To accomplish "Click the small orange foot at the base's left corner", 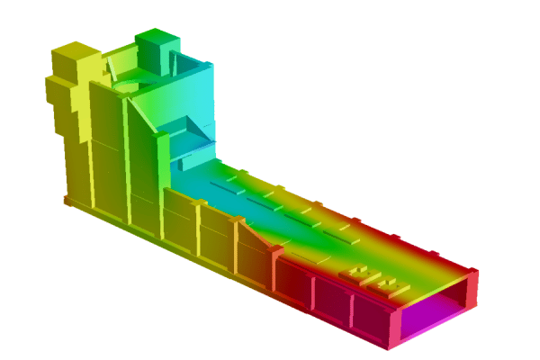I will point(68,201).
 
